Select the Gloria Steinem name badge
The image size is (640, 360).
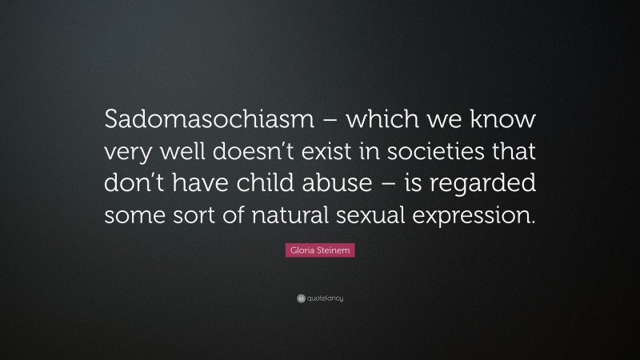tap(320, 252)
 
